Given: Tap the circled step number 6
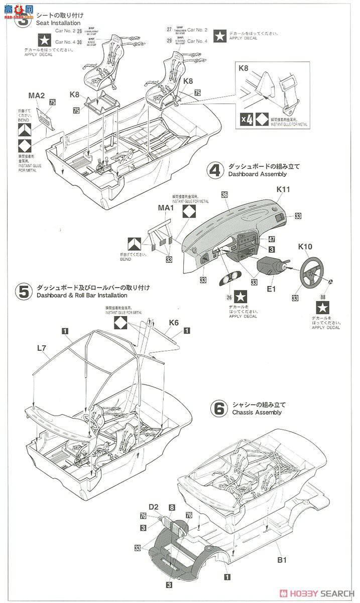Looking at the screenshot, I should point(219,409).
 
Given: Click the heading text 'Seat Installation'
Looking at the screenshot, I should point(58,23).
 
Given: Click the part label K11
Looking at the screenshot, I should point(283,189).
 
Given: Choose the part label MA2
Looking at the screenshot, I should point(37,95).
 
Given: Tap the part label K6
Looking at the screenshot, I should point(174,322).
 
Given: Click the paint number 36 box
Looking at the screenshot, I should point(224,194).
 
